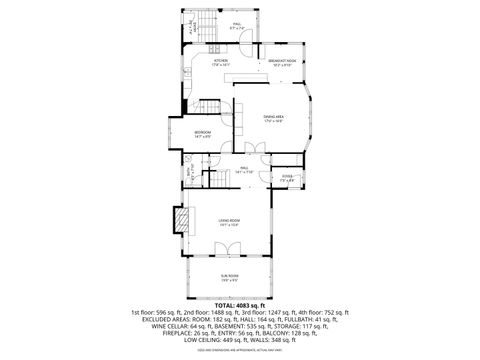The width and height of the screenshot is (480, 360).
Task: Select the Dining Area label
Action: click(273, 120)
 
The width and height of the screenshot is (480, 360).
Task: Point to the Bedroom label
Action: click(202, 134)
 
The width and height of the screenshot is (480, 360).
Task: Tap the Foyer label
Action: click(287, 179)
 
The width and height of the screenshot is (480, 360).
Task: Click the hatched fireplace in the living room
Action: click(181, 220)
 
